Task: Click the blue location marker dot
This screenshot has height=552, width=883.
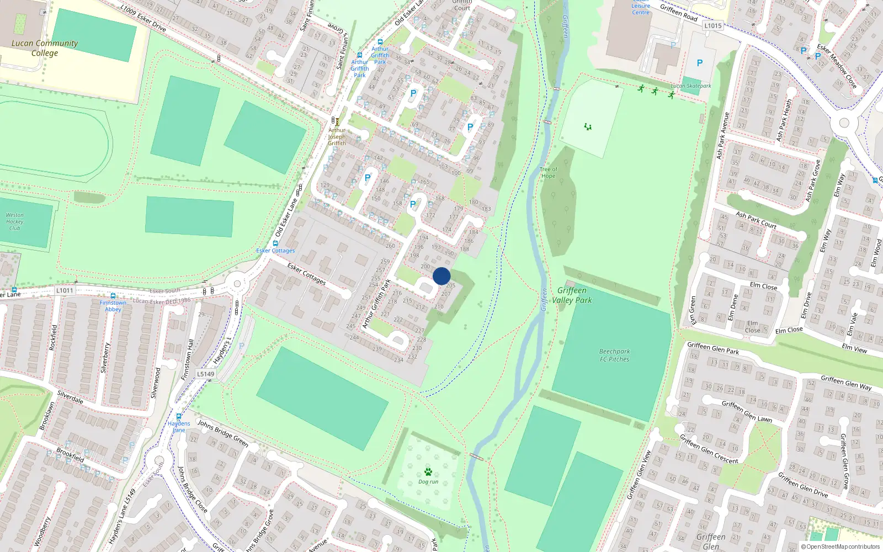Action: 441,276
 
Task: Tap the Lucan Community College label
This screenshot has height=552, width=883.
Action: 44,48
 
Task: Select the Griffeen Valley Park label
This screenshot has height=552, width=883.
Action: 572,295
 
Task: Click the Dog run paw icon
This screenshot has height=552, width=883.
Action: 428,471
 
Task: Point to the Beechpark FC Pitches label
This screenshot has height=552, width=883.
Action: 614,355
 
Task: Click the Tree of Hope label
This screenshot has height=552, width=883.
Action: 548,173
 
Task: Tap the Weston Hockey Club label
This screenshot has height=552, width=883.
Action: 15,221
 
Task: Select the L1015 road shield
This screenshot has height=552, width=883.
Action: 713,25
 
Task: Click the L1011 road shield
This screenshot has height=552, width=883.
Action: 65,290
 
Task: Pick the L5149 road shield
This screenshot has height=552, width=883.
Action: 205,374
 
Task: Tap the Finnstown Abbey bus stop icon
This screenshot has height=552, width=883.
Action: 113,296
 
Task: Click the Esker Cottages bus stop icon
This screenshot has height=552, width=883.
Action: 275,243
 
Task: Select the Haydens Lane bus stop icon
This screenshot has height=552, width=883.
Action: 179,417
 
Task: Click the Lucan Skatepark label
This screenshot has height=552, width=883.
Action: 691,86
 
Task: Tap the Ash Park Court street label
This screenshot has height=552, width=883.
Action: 756,220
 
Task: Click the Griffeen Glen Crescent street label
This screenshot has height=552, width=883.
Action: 709,449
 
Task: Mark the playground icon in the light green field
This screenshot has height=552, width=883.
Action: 588,127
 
